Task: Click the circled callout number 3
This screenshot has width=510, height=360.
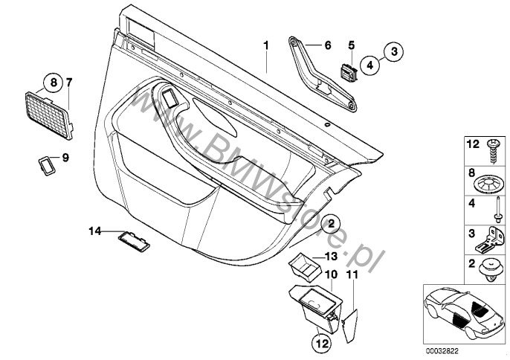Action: coord(393,51)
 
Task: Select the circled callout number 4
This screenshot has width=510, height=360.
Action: coord(370,65)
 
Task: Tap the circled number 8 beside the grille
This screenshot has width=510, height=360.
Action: coord(54,83)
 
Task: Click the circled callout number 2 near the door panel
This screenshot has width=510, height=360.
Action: coord(330,225)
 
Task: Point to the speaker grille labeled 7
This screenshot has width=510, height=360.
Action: coord(49,116)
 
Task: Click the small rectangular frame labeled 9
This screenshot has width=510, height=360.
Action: coord(47,166)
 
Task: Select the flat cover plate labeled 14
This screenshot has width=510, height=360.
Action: coord(134,241)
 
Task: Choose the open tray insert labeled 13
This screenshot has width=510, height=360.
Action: coord(305,266)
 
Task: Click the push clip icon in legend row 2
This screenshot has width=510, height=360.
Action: coord(491,269)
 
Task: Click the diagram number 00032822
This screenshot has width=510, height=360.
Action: coord(442,351)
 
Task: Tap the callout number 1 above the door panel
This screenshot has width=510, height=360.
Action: coord(266,45)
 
